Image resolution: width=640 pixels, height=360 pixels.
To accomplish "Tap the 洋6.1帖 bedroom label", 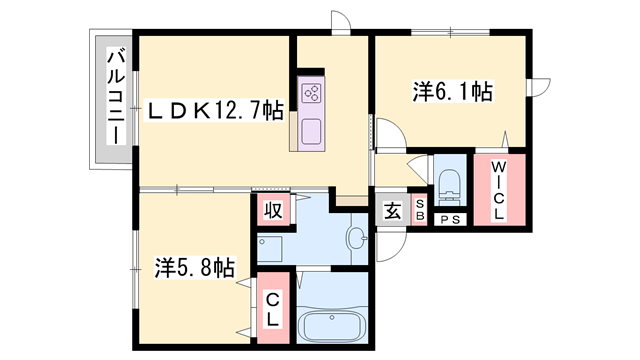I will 452,91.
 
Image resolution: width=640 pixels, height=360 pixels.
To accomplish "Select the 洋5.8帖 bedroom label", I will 195,267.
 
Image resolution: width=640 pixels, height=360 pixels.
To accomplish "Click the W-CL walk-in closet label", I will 499,191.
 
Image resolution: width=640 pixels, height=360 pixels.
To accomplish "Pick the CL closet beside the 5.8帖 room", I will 272,308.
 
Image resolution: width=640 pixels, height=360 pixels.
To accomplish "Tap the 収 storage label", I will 271,211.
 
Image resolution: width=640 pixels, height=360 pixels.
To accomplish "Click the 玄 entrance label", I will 391,212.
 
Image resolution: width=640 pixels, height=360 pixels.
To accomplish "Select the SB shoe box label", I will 419,210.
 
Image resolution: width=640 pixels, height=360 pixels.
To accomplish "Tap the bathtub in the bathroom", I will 333,326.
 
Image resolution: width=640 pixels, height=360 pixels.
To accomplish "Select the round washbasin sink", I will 355,238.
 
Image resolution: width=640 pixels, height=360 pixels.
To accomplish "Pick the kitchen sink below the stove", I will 309,131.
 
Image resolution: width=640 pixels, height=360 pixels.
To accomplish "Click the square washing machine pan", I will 271,247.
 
